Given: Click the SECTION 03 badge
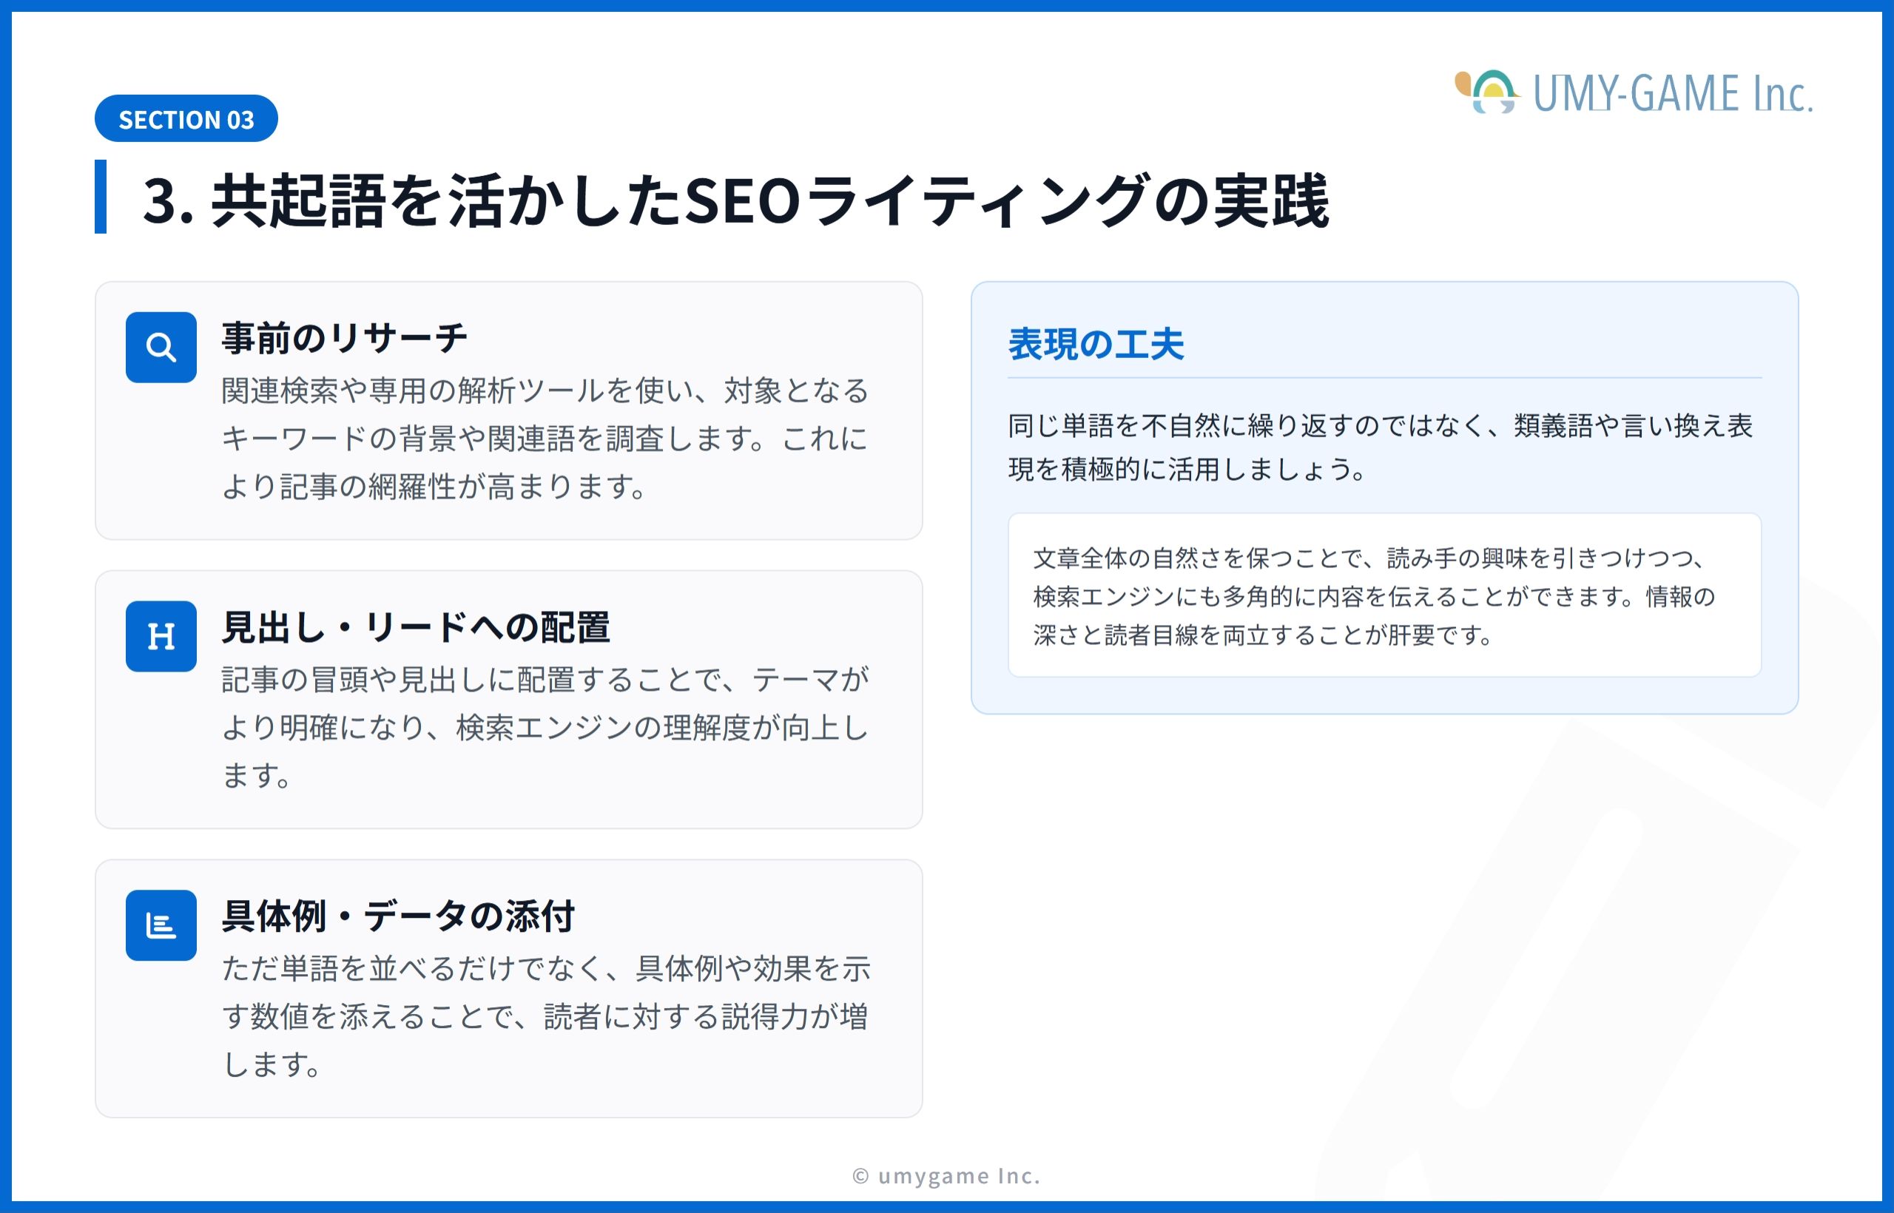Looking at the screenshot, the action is (x=186, y=119).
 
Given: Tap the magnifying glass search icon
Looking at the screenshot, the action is (x=161, y=348).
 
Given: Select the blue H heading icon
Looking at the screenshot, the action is (x=161, y=636).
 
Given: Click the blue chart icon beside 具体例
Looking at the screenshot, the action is (x=161, y=925).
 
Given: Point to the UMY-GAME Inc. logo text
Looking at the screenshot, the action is (x=1673, y=94).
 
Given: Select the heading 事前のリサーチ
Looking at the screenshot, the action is (x=345, y=338).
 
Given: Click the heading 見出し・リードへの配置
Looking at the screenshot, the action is (x=416, y=627).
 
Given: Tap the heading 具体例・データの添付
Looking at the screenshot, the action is (x=399, y=916).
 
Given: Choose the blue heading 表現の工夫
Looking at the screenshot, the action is (x=1096, y=344).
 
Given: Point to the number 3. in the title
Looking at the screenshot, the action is (x=168, y=201).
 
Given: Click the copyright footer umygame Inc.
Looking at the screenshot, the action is (x=946, y=1176).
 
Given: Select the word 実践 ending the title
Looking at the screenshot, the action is (x=1272, y=201).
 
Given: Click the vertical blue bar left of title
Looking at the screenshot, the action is (x=101, y=197).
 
